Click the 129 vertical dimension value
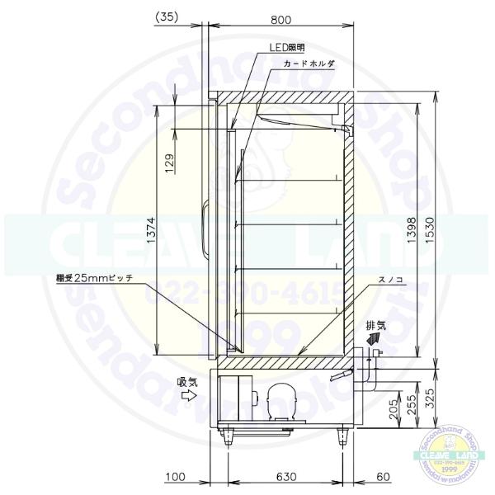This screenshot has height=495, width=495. pos(169,161)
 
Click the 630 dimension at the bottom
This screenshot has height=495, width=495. pos(285,478)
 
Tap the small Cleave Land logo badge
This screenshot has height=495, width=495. pos(451,451)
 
